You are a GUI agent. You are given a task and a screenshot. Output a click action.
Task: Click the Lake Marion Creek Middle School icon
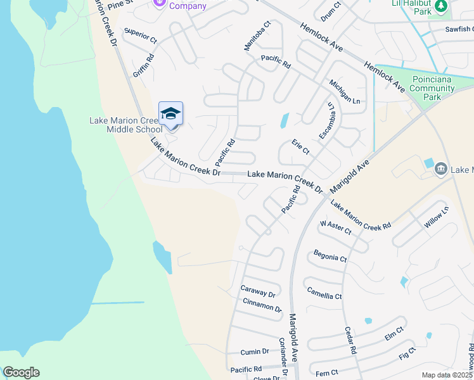pos(170,114)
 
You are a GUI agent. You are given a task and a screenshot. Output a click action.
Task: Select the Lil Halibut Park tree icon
pos(441,7)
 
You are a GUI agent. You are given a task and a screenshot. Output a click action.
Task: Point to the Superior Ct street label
pos(141,35)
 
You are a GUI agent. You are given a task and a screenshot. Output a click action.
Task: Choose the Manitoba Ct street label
pos(257,35)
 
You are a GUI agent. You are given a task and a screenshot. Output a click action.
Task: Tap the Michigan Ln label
pos(344,92)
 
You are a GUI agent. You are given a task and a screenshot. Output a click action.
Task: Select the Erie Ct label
pos(300,148)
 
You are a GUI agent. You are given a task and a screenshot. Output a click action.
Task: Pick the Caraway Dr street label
pos(258,291)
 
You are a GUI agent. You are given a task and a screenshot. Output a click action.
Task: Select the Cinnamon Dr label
pos(262,305)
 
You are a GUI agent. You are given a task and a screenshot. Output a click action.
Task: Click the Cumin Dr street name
pos(255,352)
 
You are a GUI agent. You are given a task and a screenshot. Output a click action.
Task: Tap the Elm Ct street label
pos(394,332)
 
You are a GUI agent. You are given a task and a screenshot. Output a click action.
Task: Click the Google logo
pos(21,372)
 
